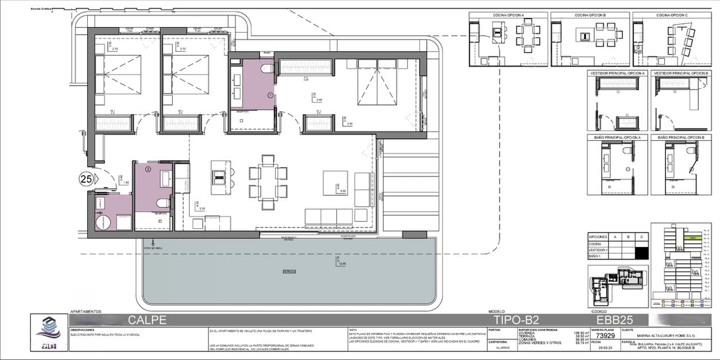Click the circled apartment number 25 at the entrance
coord(86,179)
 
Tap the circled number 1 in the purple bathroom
coord(270,95)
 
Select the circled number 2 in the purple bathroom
coord(148,169)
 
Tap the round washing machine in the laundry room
coord(103,221)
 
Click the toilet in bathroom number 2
coord(163,203)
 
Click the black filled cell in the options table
coord(643,251)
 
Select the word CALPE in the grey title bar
coord(147,320)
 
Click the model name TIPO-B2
coord(516,320)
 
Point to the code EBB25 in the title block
coord(614,320)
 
